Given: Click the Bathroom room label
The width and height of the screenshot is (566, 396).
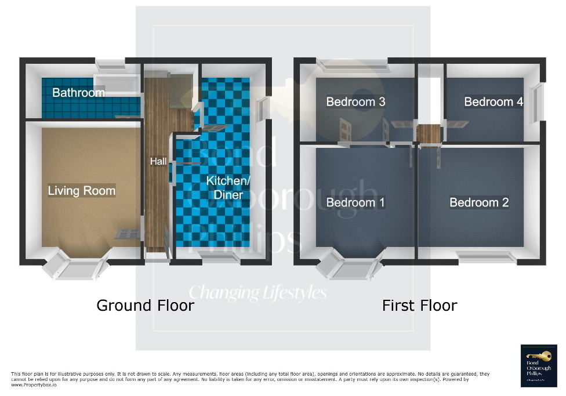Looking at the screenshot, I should coord(78,93).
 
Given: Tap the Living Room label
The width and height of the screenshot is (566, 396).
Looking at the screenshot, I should coord(82,191).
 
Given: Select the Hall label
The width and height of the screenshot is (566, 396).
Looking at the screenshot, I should coord(158,161).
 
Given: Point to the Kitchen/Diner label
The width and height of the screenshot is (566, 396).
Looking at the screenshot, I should coord(228,188).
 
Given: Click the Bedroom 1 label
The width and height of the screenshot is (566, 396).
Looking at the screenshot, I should coord(355,202).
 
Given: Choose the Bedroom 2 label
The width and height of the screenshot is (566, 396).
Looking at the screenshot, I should coord(479,202).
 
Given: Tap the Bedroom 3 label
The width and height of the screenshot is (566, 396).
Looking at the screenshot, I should coord(355,102).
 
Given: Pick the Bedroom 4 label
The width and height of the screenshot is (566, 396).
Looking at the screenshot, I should coord(494,102).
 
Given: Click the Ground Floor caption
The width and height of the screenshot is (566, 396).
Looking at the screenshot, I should coord(145,306).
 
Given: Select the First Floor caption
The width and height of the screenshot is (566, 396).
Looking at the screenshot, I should coord(419,306).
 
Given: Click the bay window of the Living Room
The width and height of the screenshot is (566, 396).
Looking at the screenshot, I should coord(77,266).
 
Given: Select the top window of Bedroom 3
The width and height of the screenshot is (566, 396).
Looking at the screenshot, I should coord(334,64).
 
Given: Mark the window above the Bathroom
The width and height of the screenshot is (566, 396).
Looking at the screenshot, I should coord(114,64).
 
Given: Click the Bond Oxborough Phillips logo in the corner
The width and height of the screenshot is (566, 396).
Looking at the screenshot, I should coord(539,365).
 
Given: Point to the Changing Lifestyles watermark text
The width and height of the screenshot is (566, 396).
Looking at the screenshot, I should coord(258,292).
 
